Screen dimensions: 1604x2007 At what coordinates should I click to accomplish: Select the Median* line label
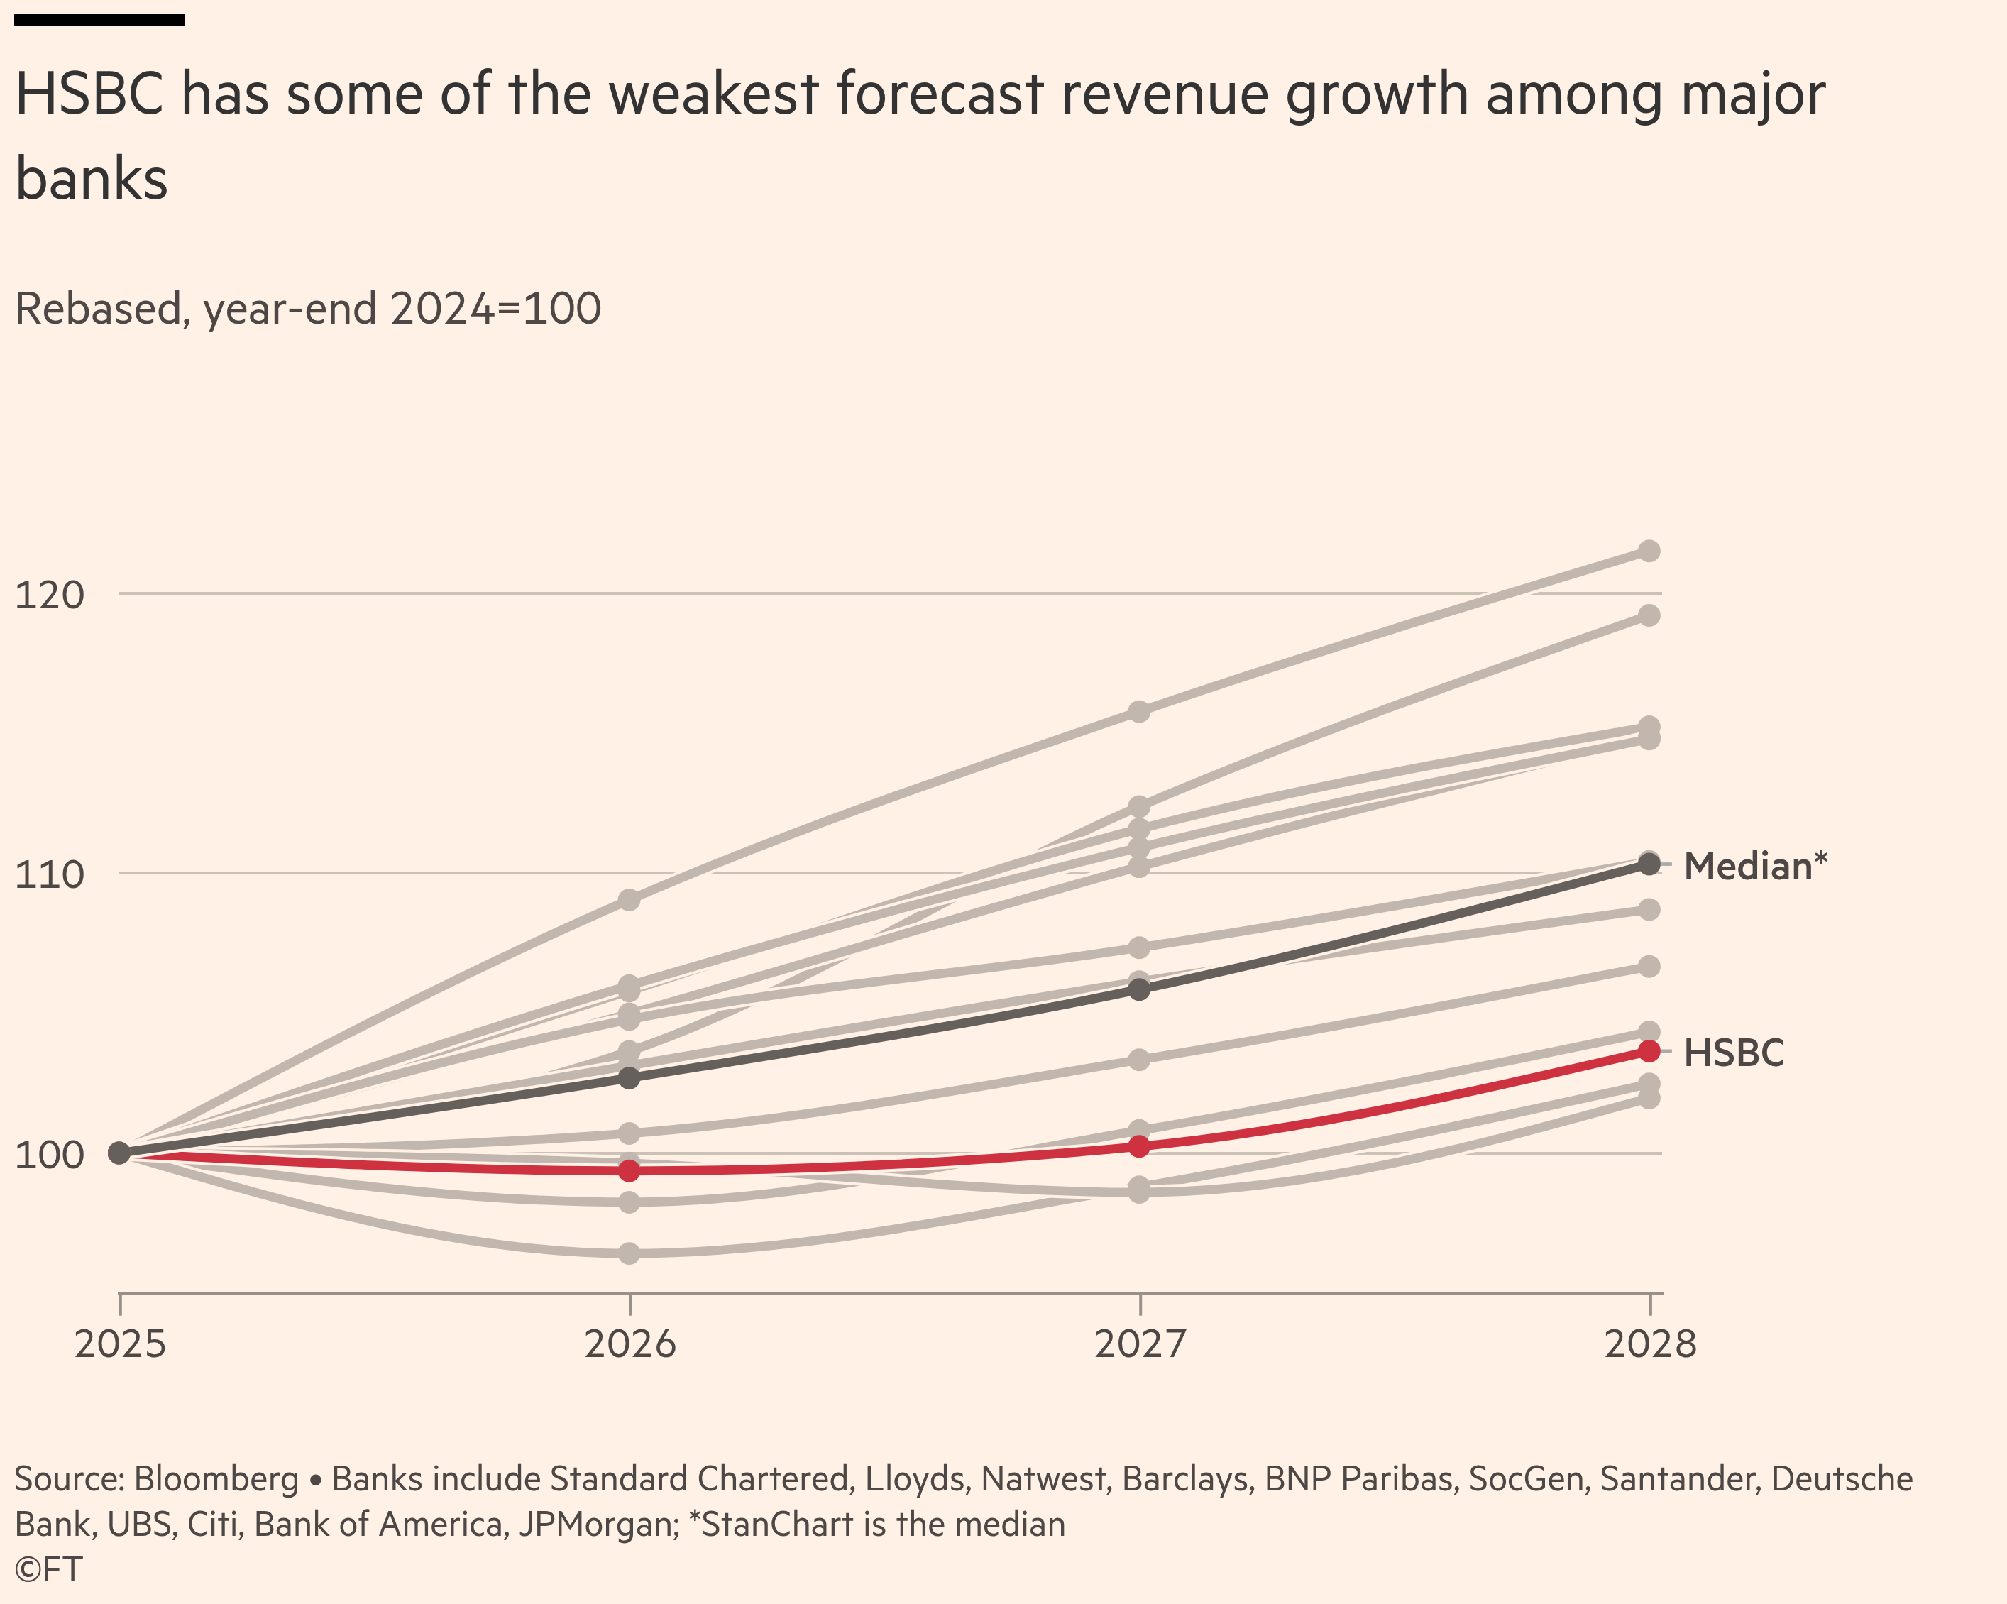[1755, 867]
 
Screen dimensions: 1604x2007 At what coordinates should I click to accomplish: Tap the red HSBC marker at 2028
[1649, 1051]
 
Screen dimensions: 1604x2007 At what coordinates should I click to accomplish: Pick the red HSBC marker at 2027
[1138, 1146]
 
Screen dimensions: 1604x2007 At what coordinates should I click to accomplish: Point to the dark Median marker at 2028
[1649, 865]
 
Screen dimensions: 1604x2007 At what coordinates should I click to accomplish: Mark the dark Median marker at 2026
[629, 1078]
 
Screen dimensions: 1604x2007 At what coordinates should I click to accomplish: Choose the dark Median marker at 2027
[1138, 989]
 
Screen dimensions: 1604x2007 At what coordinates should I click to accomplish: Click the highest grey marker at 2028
[1649, 551]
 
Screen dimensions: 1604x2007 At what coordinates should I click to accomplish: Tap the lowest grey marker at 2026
[629, 1253]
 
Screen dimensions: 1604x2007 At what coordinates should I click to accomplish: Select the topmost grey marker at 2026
[629, 900]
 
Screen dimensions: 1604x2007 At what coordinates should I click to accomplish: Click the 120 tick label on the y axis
[50, 594]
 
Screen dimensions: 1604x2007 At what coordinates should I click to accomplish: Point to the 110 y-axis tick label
[50, 874]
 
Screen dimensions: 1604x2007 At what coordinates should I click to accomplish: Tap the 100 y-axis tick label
[50, 1154]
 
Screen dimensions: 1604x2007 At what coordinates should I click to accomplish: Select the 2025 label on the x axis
[120, 1344]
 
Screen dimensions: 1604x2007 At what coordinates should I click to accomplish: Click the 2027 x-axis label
[1140, 1344]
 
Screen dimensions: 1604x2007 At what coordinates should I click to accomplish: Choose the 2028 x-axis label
[1649, 1344]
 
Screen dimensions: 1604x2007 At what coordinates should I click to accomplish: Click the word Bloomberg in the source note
[216, 1479]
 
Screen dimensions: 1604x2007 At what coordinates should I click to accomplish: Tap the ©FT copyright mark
[48, 1569]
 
